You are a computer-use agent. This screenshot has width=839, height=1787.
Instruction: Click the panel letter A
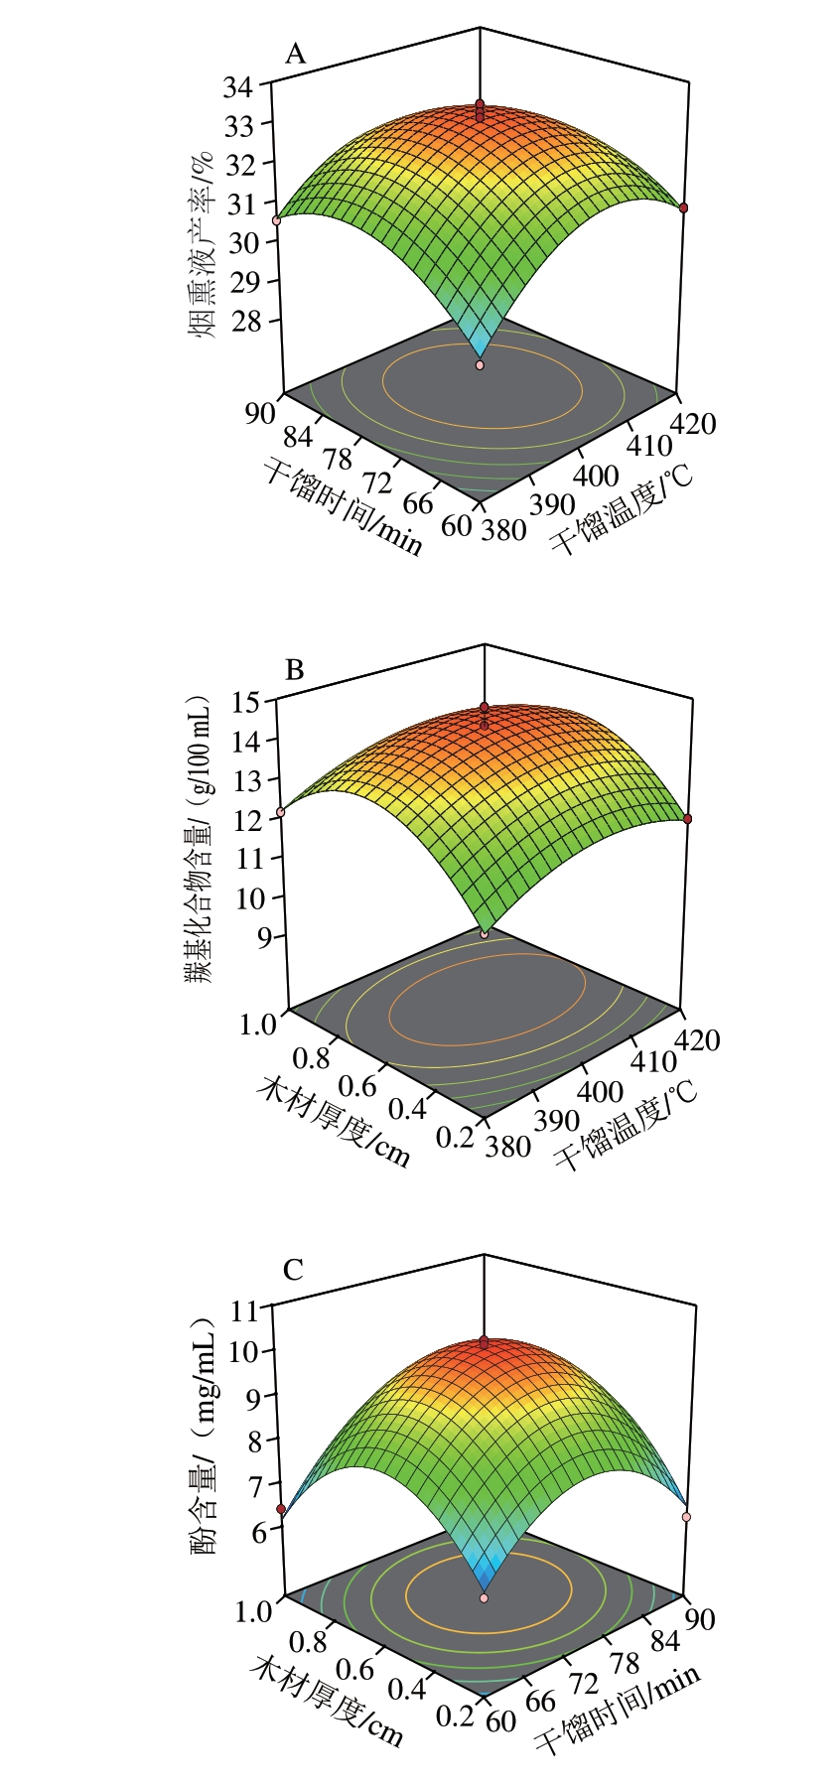[x=295, y=54]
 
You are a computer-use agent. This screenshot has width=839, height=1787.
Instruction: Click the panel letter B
[x=294, y=670]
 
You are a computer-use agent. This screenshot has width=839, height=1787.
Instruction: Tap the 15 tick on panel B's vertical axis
[x=246, y=702]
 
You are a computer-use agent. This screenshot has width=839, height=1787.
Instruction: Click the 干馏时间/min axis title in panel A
[x=344, y=504]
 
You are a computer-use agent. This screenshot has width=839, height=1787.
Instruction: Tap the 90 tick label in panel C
[x=699, y=1619]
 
